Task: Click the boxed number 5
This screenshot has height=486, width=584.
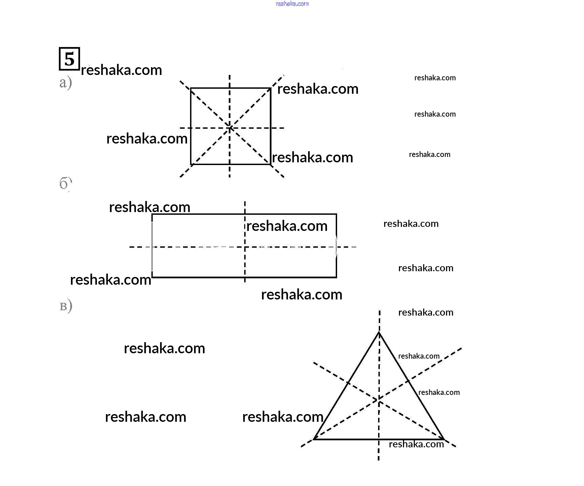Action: (69, 59)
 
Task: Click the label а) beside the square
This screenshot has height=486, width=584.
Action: (66, 83)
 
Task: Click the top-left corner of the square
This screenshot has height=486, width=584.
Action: (191, 88)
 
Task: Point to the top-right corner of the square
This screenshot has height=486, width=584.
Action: (270, 88)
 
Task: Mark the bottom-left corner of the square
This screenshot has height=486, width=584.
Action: (191, 164)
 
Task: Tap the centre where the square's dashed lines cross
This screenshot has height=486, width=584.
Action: (230, 128)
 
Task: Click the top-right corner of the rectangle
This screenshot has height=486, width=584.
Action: (336, 214)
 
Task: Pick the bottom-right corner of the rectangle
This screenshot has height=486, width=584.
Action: (336, 277)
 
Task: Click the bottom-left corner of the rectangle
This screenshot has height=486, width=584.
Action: (152, 277)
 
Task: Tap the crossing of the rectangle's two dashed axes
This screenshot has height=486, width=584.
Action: (245, 247)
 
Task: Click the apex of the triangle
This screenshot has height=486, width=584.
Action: (379, 332)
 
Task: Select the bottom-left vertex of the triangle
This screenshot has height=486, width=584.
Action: (314, 439)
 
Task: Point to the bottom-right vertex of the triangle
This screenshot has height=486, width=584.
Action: (444, 439)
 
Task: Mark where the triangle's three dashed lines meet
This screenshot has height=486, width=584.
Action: (379, 400)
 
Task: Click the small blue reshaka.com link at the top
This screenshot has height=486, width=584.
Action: (292, 4)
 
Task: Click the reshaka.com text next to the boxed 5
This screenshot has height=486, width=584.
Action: (121, 70)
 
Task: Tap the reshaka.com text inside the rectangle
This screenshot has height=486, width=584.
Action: (287, 226)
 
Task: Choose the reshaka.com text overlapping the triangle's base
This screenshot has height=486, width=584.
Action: (416, 444)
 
